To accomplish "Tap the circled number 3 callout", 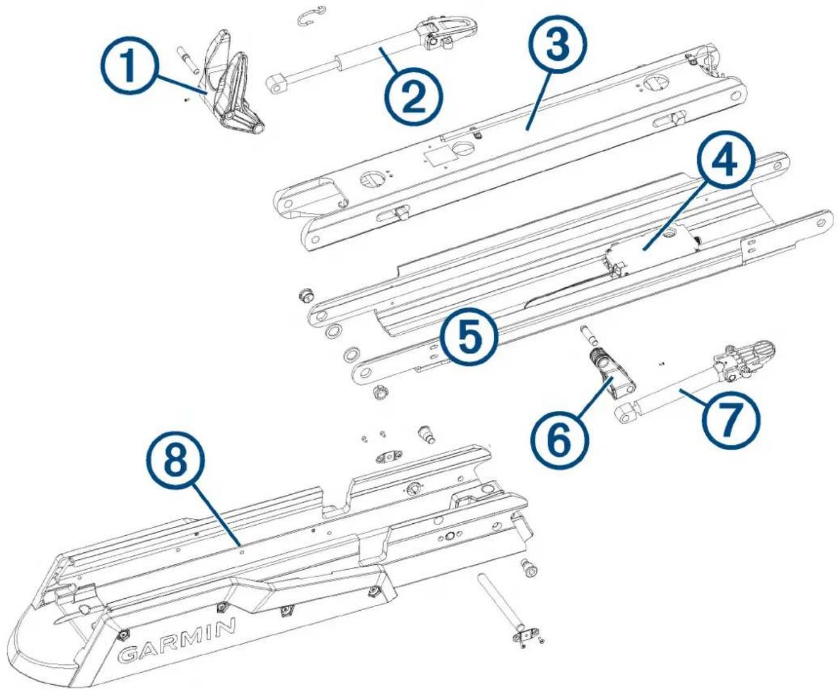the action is point(558,46).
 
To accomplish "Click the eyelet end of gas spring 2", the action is point(277,84).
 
